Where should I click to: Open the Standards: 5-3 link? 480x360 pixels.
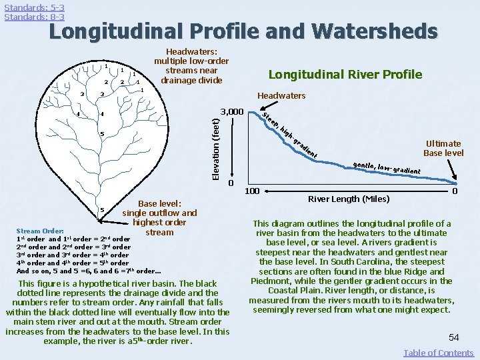(34, 7)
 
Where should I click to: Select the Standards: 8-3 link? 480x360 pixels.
(34, 17)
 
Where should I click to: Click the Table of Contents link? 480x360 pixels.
(439, 353)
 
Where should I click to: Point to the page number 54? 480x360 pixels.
(453, 338)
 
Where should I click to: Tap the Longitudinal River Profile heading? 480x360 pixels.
(345, 74)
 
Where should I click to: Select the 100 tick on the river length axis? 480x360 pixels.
(252, 191)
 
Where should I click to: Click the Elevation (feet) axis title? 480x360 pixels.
(215, 147)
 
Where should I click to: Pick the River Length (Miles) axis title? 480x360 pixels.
(349, 198)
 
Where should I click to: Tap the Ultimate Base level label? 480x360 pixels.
(443, 148)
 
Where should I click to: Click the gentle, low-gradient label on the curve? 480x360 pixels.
(386, 167)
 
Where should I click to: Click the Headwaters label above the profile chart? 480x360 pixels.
(282, 95)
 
